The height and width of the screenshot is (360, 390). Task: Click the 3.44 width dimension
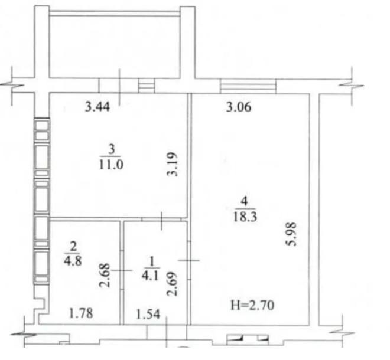point(97,107)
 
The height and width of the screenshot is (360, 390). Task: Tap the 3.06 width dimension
point(239,107)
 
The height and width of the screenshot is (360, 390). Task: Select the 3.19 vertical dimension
point(173,164)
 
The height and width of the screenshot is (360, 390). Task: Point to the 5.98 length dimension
point(291,234)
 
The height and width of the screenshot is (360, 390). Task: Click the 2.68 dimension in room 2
point(105,275)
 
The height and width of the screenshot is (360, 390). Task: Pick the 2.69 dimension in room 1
point(172,284)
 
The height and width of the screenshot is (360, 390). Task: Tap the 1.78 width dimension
point(81,313)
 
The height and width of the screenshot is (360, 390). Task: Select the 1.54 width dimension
point(148,315)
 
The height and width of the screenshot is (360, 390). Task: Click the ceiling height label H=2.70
point(252,305)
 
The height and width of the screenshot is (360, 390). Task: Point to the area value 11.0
point(111,165)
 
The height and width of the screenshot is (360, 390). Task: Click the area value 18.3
point(245,217)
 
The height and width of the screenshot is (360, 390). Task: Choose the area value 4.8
point(73,261)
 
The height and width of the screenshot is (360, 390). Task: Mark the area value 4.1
point(150,276)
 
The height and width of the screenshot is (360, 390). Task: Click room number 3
point(112,149)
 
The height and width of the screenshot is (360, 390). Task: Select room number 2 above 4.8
point(73,247)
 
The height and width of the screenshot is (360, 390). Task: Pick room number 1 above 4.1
point(151,261)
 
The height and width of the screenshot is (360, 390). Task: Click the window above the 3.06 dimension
point(248,86)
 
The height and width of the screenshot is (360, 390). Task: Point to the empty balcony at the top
point(115,46)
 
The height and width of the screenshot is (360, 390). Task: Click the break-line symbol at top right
point(352,86)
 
